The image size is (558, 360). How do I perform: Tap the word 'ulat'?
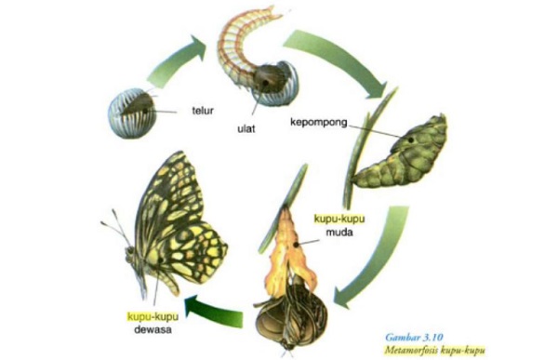pyautogui.click(x=246, y=127)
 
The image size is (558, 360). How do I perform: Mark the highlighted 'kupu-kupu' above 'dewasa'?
pyautogui.click(x=153, y=314)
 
